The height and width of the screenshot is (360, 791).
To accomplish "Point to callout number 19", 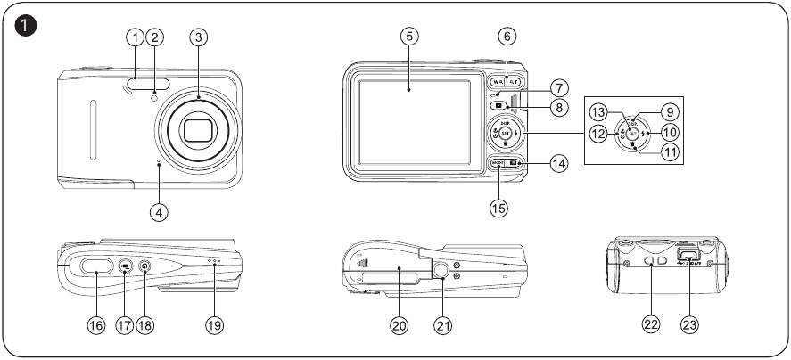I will click(x=213, y=325).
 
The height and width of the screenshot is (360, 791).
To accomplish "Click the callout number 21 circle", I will click(x=443, y=325).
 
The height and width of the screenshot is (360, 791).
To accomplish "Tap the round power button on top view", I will click(x=144, y=266).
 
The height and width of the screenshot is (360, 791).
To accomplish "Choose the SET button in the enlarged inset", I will click(x=630, y=133).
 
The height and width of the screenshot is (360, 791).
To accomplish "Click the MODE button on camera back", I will click(x=498, y=163).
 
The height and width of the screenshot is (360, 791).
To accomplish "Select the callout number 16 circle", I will click(x=95, y=325).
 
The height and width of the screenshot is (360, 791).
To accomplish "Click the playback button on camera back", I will click(x=497, y=105).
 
